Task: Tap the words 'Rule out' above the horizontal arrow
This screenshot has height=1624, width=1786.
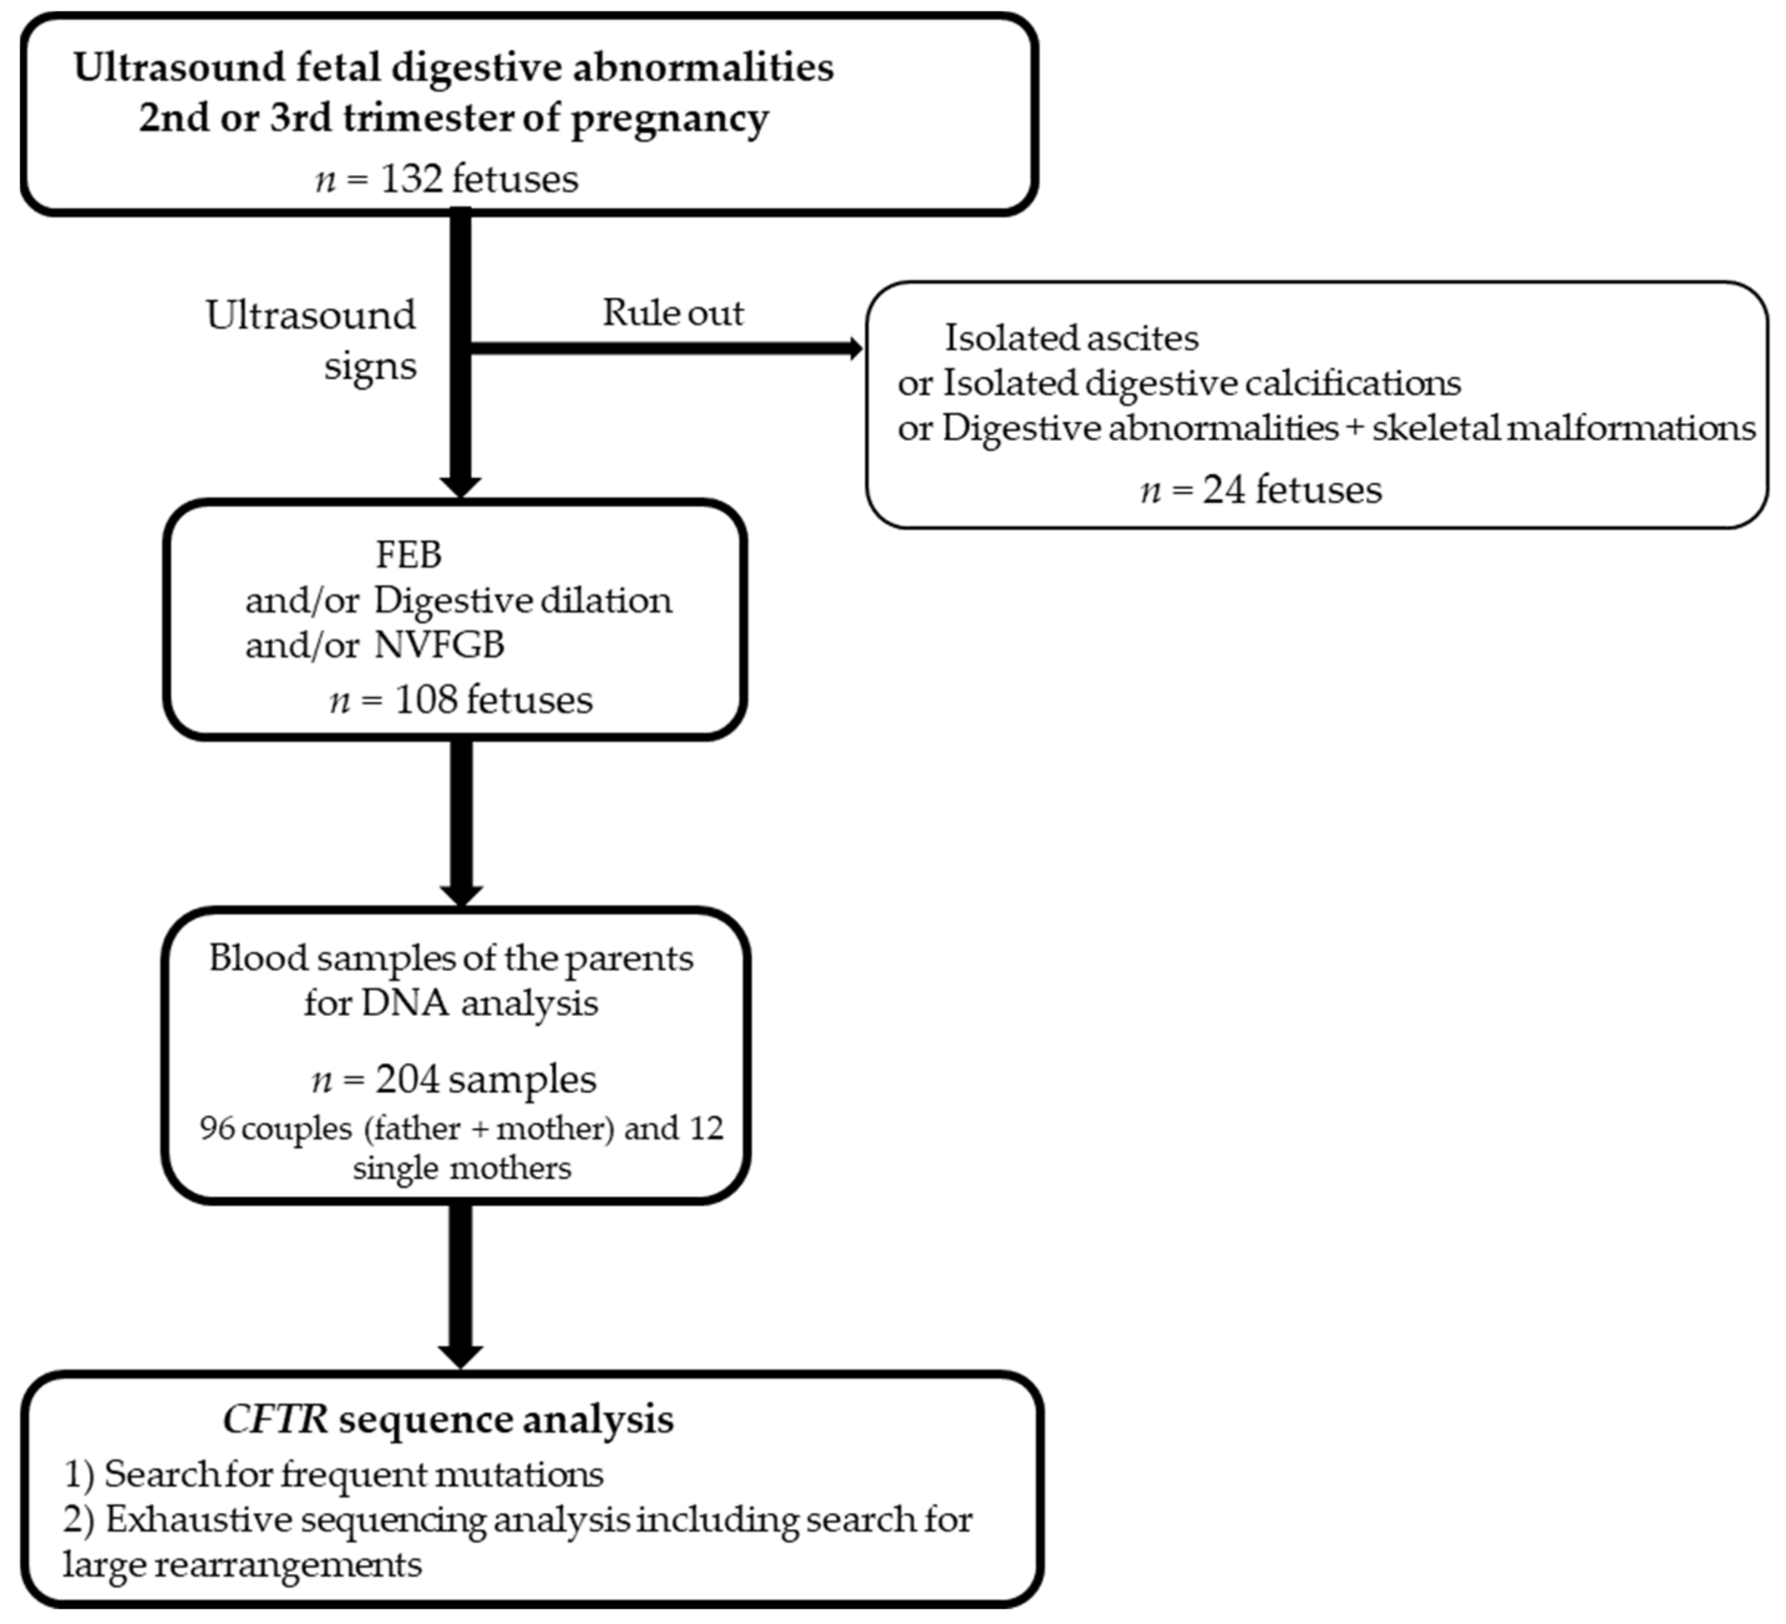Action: (673, 313)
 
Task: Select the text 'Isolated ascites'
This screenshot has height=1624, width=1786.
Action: (1071, 338)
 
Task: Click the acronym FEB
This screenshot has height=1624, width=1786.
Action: (409, 555)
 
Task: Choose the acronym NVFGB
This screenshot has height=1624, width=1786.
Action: (440, 645)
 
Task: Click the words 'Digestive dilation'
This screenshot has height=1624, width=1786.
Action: (522, 601)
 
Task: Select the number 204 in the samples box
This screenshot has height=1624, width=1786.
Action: (407, 1079)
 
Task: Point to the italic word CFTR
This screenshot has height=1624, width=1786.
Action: (275, 1419)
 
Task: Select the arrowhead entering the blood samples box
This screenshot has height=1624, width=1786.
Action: (461, 895)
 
